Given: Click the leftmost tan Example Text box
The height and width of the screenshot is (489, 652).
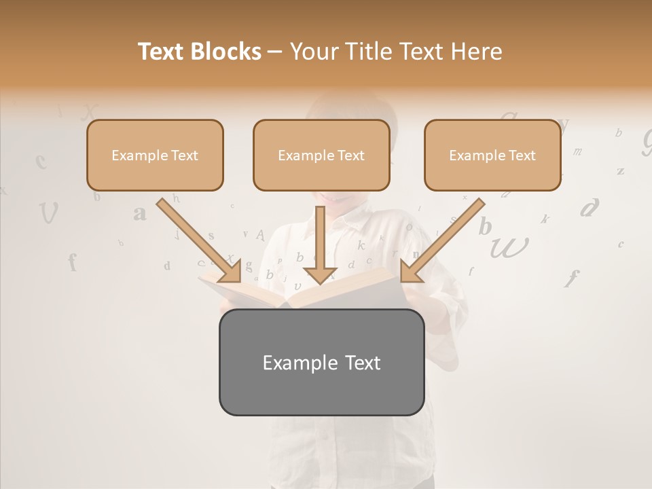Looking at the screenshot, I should click(x=155, y=156).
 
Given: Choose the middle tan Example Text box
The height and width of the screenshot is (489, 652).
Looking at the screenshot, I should click(x=321, y=156).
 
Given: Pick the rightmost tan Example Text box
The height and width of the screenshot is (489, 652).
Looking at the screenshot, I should click(x=492, y=156).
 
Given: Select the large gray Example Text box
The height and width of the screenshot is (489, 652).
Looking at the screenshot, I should click(x=321, y=362).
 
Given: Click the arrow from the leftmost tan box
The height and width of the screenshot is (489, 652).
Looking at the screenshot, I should click(x=198, y=240).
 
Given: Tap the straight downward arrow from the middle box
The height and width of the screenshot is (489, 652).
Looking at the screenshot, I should click(x=321, y=244).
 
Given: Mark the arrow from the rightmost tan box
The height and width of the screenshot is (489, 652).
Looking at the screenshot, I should click(x=442, y=240).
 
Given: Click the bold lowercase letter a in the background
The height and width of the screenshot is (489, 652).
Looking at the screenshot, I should click(x=140, y=213).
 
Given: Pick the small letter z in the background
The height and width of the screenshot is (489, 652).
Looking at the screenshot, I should click(x=620, y=171).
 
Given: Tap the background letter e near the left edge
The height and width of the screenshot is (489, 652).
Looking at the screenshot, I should click(x=41, y=161).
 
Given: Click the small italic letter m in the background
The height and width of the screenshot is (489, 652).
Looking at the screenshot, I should click(x=578, y=151).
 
